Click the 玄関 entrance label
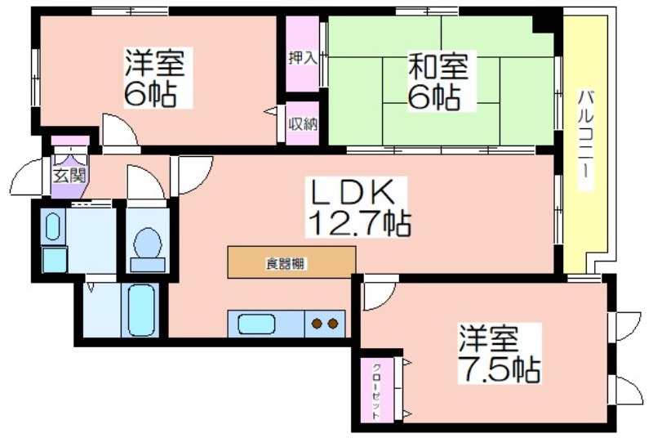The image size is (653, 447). click(x=69, y=176)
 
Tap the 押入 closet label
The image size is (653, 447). click(x=303, y=58)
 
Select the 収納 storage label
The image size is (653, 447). click(x=303, y=124)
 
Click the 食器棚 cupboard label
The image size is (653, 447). click(x=286, y=263)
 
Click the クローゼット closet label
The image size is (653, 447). click(x=376, y=391)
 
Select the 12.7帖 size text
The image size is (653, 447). click(x=359, y=223)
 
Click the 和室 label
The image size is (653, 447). click(x=438, y=66)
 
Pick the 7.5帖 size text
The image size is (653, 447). click(x=500, y=369)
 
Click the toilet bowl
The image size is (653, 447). click(x=148, y=244)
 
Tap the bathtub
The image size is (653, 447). click(x=141, y=310)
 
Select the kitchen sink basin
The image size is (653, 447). click(x=256, y=324)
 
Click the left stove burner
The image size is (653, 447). click(x=318, y=324)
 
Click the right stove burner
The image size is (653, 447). click(x=333, y=324)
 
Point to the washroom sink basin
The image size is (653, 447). click(x=52, y=226)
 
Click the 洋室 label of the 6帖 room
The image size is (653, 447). click(x=154, y=62)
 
